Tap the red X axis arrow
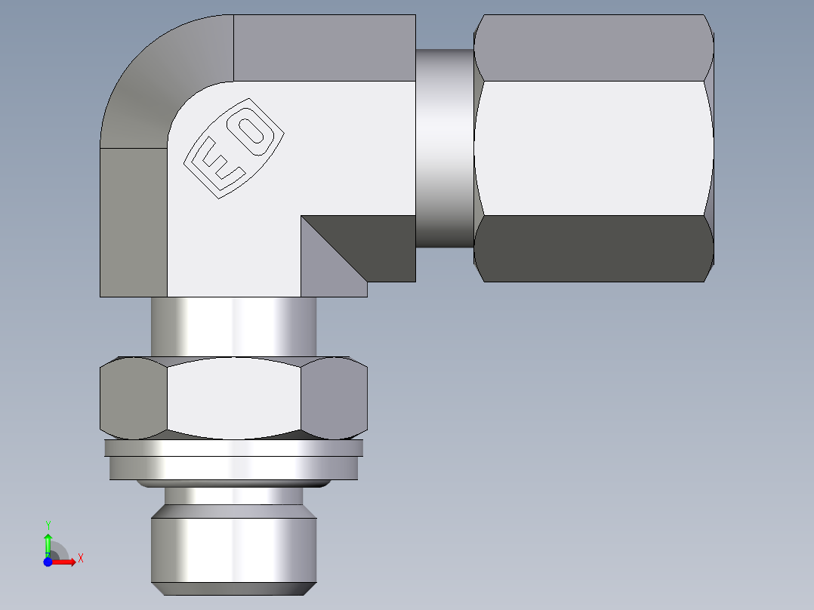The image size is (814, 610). [66, 562]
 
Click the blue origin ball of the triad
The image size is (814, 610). [48, 562]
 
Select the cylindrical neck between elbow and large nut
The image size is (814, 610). [445, 147]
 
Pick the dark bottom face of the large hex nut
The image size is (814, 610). [594, 249]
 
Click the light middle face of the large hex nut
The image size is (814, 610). [594, 147]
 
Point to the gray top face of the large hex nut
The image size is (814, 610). [594, 47]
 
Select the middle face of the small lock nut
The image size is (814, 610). [234, 398]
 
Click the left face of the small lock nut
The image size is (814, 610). [133, 398]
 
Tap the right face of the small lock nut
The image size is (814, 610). [334, 398]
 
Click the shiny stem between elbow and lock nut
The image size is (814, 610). [234, 326]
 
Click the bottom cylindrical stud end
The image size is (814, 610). [234, 550]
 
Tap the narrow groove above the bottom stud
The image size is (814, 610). [234, 496]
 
